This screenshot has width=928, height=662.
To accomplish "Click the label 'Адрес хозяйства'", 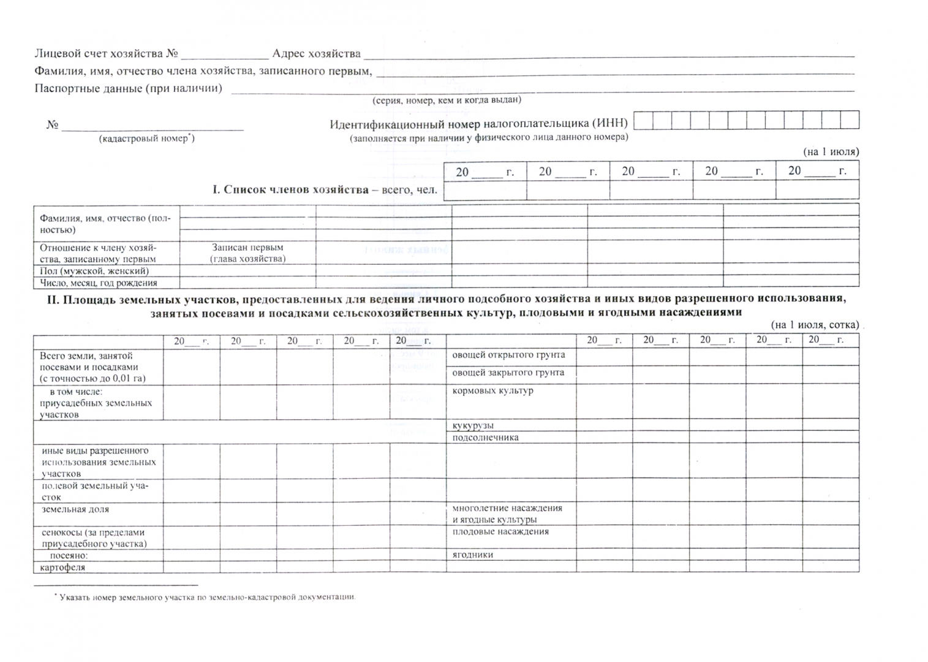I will (316, 54).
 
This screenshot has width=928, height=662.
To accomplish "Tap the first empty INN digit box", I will (643, 120).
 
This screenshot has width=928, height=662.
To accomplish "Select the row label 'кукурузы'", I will (473, 425).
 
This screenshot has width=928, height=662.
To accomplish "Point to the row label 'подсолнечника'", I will (485, 438).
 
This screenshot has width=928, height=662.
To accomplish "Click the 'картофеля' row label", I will (62, 568).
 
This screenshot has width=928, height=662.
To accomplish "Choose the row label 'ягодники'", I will (472, 555).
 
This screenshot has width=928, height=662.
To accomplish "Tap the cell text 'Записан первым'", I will (247, 248).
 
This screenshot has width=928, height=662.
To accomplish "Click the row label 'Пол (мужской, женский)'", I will (94, 271).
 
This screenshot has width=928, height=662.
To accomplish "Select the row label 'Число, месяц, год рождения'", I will (99, 283).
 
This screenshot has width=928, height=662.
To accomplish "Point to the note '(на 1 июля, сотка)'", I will (815, 325).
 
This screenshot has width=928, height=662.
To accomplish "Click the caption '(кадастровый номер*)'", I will (147, 139).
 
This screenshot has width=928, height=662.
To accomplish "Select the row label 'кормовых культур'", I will (492, 390).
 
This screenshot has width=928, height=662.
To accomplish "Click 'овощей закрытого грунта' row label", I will (508, 373).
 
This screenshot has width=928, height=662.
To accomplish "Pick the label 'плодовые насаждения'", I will (500, 531).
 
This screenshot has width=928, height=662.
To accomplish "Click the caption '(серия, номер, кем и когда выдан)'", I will (447, 100).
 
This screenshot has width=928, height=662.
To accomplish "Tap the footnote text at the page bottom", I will (205, 596).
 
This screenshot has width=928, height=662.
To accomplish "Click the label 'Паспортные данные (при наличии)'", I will (128, 88).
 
